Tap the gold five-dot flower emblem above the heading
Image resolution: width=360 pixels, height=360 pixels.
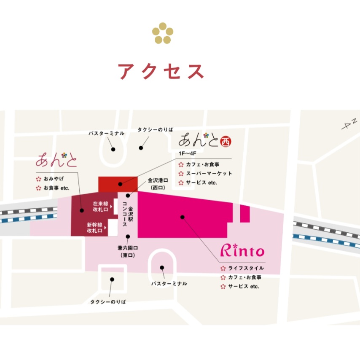(x=162, y=33)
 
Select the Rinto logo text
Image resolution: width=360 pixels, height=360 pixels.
(x=242, y=251)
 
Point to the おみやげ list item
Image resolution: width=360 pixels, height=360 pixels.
(x=53, y=179)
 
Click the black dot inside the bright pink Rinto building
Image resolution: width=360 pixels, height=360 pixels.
(x=183, y=217)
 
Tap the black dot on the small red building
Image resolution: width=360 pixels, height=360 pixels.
(x=121, y=184)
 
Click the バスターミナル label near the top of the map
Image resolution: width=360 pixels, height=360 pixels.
(x=106, y=133)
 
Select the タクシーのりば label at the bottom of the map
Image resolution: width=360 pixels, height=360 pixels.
(x=108, y=302)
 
